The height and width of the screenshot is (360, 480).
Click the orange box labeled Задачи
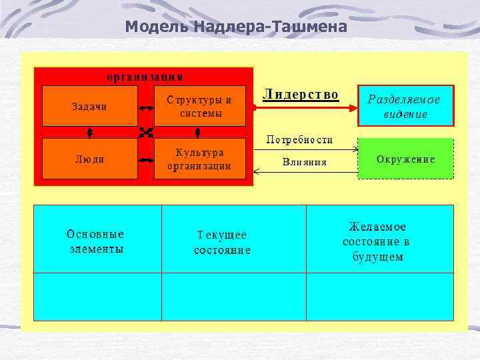tap(89, 106)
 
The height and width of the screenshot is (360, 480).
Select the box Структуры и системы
tap(200, 107)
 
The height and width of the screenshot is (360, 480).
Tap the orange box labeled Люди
tap(89, 159)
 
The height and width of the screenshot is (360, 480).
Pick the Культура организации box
tap(200, 159)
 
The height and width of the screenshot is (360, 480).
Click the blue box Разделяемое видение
tap(406, 106)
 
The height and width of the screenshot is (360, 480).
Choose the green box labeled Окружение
tap(406, 159)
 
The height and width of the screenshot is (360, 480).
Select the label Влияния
tap(305, 161)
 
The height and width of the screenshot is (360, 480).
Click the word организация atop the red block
tap(145, 75)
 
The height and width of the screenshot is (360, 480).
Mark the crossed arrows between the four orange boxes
tap(145, 132)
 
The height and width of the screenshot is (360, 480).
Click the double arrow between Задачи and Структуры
tap(145, 107)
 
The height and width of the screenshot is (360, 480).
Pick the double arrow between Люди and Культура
tap(145, 160)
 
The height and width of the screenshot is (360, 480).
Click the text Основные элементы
tap(96, 241)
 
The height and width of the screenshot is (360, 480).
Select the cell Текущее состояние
tap(222, 243)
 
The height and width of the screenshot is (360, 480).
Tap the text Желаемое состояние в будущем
tap(377, 241)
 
